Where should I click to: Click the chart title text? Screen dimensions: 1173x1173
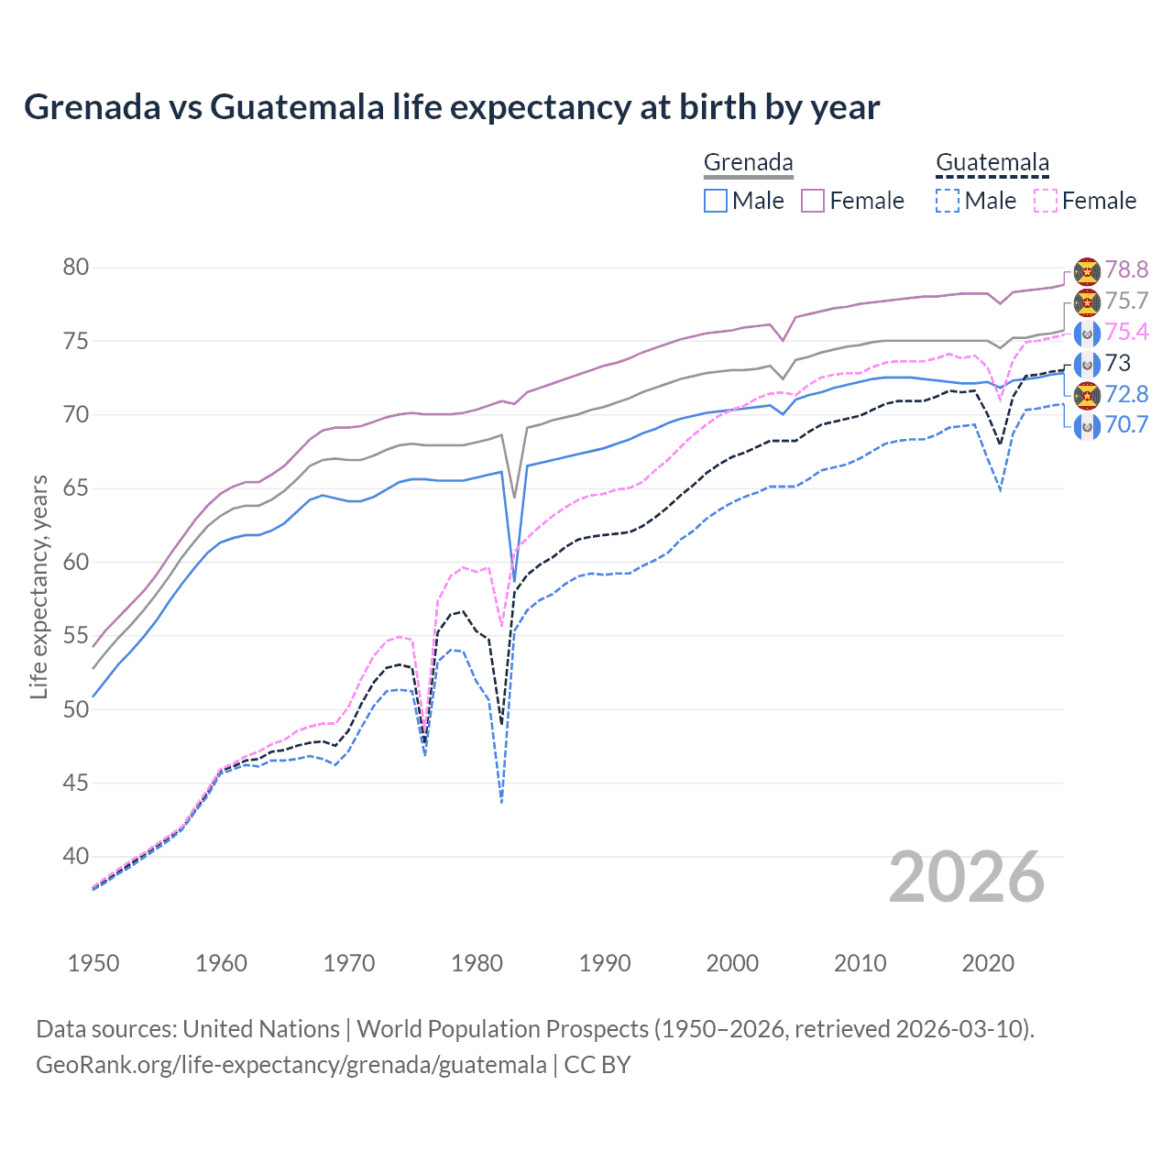tap(452, 107)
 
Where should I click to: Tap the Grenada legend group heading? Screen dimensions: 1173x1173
tap(748, 162)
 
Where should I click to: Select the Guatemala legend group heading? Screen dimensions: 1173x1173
tap(992, 162)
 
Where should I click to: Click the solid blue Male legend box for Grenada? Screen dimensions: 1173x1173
tap(716, 201)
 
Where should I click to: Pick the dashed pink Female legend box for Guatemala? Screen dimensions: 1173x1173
tap(1046, 201)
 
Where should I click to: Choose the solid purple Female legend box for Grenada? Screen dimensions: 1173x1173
tap(813, 201)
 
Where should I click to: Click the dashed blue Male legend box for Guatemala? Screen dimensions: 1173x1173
tap(948, 201)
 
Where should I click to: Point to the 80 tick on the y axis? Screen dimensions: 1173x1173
tap(76, 268)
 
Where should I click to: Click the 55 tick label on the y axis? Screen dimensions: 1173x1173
tap(76, 636)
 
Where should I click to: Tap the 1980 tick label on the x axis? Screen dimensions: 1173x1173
tap(477, 963)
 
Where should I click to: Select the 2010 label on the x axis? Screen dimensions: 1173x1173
tap(860, 963)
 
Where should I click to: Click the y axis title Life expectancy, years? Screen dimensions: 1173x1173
tap(38, 586)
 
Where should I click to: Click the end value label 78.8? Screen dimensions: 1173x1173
tap(1126, 269)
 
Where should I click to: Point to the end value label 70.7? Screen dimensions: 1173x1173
tap(1126, 425)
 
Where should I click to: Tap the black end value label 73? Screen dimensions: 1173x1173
tap(1118, 363)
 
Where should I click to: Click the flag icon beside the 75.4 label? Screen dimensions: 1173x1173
tap(1087, 333)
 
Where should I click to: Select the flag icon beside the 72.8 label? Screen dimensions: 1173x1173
tap(1087, 395)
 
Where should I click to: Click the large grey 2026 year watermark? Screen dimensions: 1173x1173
tap(967, 877)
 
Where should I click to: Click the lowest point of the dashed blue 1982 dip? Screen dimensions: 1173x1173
tap(501, 803)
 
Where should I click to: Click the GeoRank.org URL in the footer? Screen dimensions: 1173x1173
tap(291, 1065)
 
